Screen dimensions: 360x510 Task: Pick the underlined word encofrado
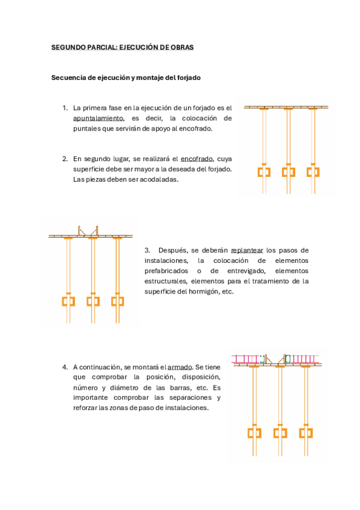[197, 159]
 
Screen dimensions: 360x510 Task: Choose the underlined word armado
[180, 367]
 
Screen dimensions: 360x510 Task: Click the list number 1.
[64, 108]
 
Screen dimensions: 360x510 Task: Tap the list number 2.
[64, 159]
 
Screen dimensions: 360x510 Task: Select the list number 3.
[147, 250]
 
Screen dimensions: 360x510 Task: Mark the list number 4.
[64, 367]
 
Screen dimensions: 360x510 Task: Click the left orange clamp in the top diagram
[264, 172]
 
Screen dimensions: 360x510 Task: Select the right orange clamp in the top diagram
[313, 172]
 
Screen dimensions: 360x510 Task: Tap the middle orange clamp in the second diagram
[93, 300]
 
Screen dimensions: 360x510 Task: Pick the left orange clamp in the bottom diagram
[254, 432]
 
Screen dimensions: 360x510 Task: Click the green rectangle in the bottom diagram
[287, 358]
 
